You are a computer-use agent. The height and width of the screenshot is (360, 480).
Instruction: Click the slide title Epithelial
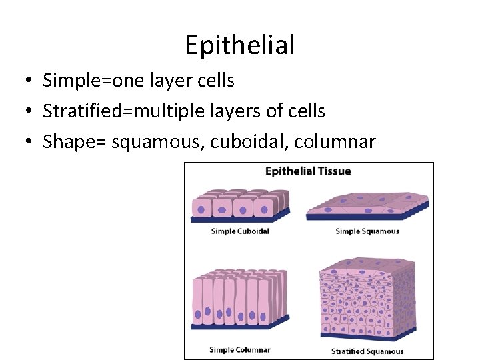click(240, 45)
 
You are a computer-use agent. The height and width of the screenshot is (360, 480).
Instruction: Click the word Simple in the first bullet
click(63, 81)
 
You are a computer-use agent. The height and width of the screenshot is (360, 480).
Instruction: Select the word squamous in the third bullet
click(147, 141)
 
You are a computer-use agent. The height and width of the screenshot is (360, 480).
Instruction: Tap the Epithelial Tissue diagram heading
click(308, 171)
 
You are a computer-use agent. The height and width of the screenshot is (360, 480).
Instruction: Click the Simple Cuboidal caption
click(240, 232)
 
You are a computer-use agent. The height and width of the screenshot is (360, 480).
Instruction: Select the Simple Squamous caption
click(367, 232)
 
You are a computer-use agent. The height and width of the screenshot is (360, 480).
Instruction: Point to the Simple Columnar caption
click(240, 350)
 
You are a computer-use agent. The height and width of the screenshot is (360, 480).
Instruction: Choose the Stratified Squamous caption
click(367, 351)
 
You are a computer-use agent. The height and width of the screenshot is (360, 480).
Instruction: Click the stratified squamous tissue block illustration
click(367, 300)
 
